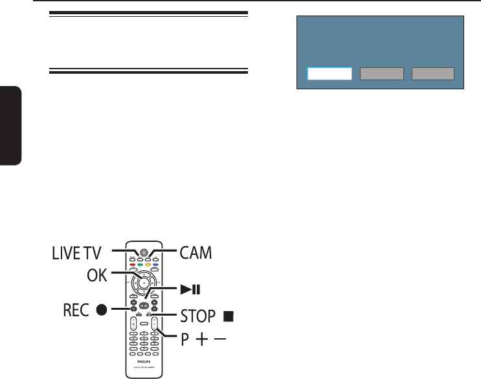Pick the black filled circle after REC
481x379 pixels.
[102, 309]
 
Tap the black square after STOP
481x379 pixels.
[228, 317]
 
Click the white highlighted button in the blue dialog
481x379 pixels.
[330, 74]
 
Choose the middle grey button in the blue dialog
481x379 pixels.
[382, 74]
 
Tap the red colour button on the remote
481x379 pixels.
[133, 264]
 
